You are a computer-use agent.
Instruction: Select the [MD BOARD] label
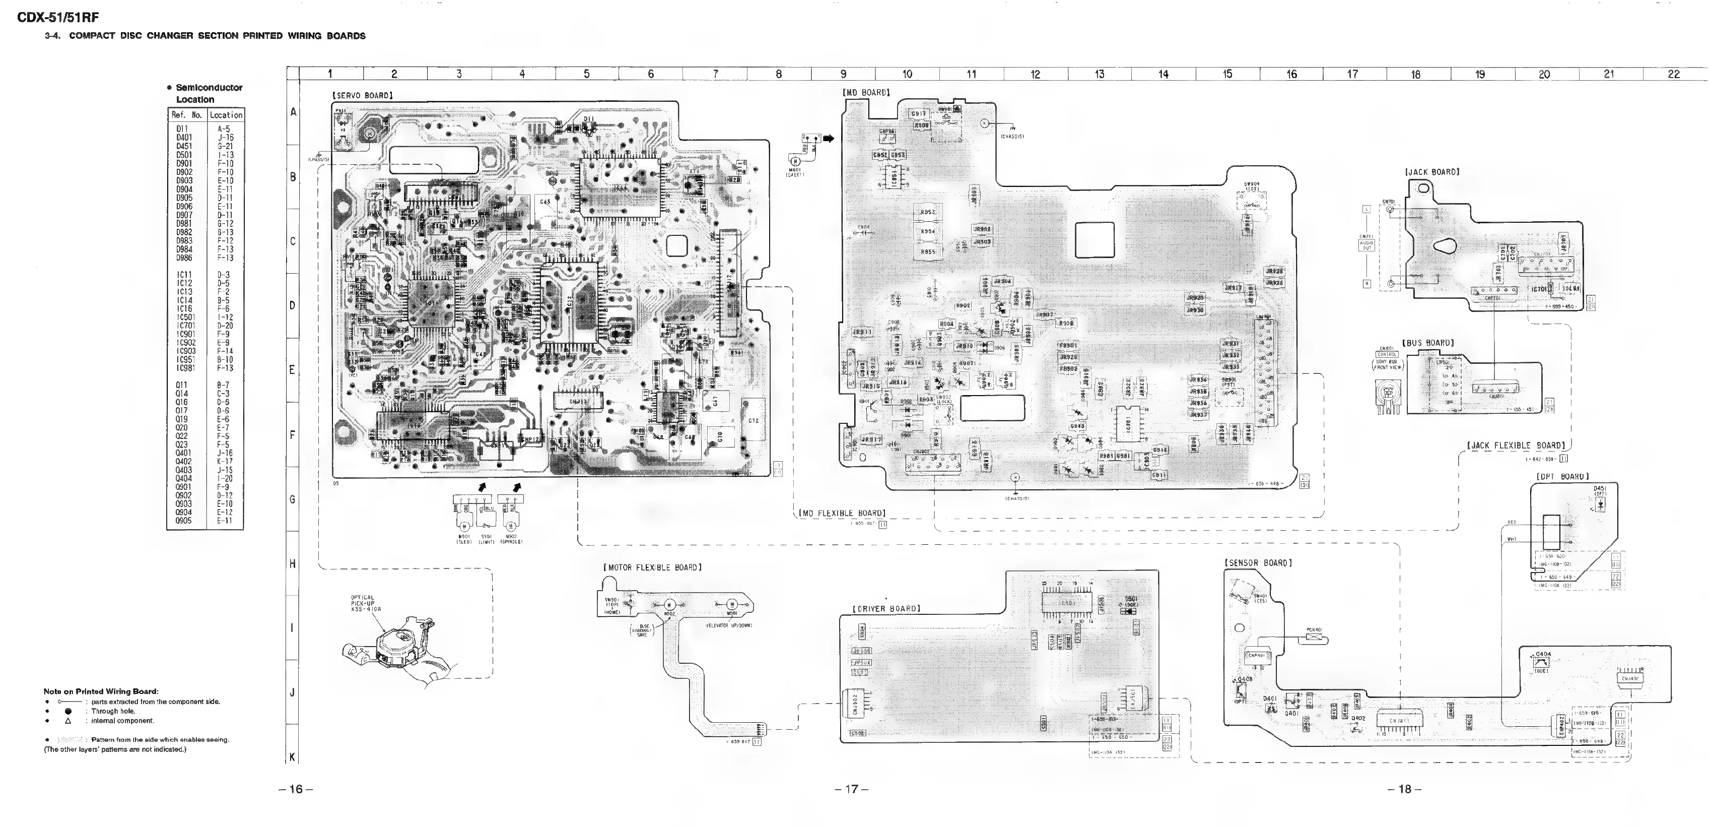coord(866,92)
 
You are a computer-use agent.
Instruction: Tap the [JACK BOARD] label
coord(1432,172)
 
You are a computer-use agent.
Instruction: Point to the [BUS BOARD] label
coord(1428,343)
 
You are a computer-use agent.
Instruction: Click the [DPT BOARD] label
coord(1562,477)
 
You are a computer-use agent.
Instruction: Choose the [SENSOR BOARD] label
coord(1258,563)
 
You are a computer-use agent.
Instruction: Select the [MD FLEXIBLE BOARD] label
coord(842,513)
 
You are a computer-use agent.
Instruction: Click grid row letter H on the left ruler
coord(292,564)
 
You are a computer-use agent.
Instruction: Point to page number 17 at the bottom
coord(852,789)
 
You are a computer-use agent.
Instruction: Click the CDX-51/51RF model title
coord(58,18)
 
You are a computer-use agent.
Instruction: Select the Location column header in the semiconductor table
coord(226,115)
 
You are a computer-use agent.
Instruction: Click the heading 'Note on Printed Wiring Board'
coord(101,691)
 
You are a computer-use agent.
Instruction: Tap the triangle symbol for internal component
coord(67,721)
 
